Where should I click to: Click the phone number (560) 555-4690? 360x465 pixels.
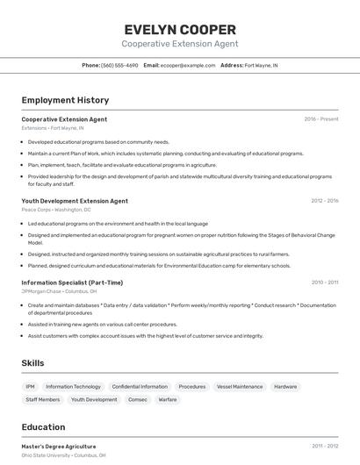(119, 65)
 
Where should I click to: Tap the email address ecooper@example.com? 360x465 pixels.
(188, 65)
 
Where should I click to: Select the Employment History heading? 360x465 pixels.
(65, 100)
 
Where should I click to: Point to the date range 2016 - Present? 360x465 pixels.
(321, 119)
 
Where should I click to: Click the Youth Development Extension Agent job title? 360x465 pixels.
(75, 201)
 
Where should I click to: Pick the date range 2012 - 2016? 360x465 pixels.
(324, 201)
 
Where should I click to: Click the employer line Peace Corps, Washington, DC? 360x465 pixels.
(56, 210)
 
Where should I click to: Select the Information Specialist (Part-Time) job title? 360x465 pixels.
(72, 283)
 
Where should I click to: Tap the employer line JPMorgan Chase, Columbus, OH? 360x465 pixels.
(59, 291)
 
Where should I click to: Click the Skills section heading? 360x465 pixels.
(33, 362)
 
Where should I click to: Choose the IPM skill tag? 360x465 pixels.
(31, 386)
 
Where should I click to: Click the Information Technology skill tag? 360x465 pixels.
(73, 386)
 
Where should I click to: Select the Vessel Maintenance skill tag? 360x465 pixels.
(240, 386)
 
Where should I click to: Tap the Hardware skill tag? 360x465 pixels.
(285, 386)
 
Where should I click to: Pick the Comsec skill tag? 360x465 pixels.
(138, 399)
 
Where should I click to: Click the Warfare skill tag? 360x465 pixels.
(168, 399)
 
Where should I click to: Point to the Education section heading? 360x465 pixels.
(44, 427)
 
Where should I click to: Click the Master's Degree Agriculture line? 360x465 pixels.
(59, 447)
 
